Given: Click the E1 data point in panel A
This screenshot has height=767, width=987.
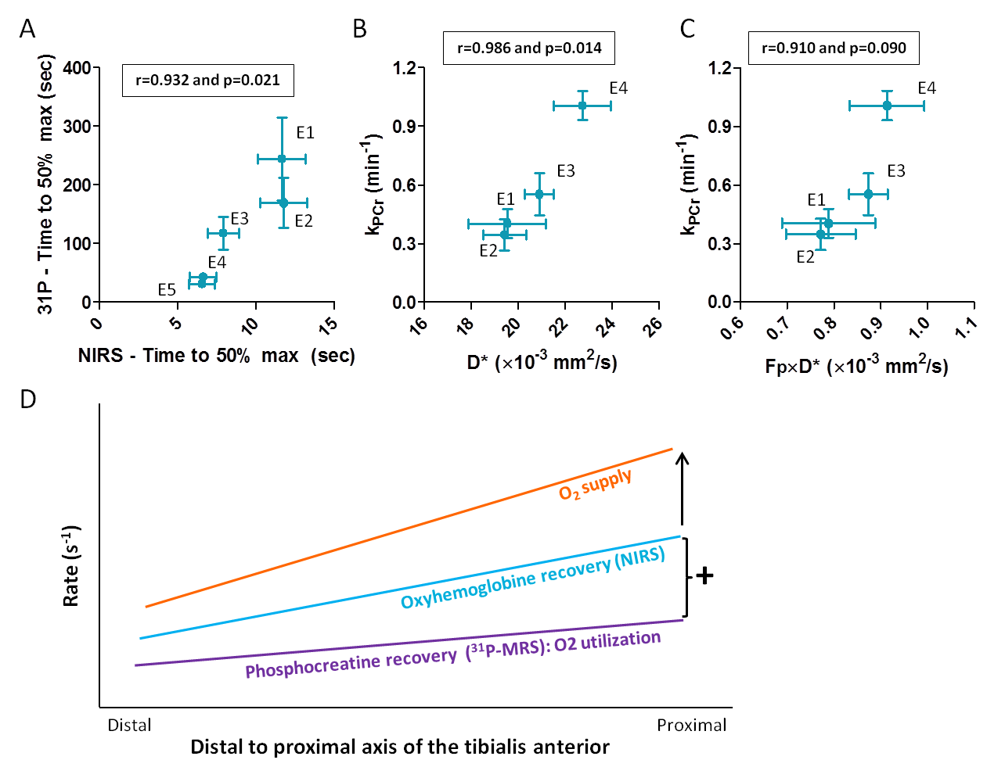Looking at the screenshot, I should pyautogui.click(x=282, y=159).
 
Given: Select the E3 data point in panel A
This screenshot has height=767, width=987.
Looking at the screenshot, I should pyautogui.click(x=223, y=232).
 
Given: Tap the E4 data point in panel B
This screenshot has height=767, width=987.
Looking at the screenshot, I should pyautogui.click(x=582, y=105).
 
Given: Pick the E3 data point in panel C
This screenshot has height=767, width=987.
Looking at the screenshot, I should pyautogui.click(x=868, y=194).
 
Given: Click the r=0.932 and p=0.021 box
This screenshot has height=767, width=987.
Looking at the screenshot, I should pyautogui.click(x=207, y=80).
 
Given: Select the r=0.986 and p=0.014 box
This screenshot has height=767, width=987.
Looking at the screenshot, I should pyautogui.click(x=529, y=48).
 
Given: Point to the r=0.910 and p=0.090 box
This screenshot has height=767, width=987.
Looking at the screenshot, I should pyautogui.click(x=834, y=48).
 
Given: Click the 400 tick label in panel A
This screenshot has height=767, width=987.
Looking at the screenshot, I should pyautogui.click(x=77, y=68).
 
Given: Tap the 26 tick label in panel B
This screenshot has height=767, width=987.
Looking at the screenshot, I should pyautogui.click(x=653, y=324).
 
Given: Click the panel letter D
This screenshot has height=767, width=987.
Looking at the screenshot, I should pyautogui.click(x=27, y=400).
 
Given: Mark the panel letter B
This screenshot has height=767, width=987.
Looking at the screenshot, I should pyautogui.click(x=359, y=29).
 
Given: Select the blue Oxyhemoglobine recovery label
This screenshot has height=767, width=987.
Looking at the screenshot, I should pyautogui.click(x=533, y=578).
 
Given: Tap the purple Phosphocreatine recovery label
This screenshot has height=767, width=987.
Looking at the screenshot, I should pyautogui.click(x=452, y=655).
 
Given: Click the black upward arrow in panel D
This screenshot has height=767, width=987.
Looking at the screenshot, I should pyautogui.click(x=683, y=489).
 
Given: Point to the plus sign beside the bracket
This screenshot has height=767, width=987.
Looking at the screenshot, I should pyautogui.click(x=704, y=576).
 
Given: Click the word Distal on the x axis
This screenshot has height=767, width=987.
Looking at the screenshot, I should pyautogui.click(x=129, y=725).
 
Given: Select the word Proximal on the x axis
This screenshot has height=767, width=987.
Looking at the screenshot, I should pyautogui.click(x=691, y=725).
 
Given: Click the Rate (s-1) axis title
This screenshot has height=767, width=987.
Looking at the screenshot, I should pyautogui.click(x=70, y=566).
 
